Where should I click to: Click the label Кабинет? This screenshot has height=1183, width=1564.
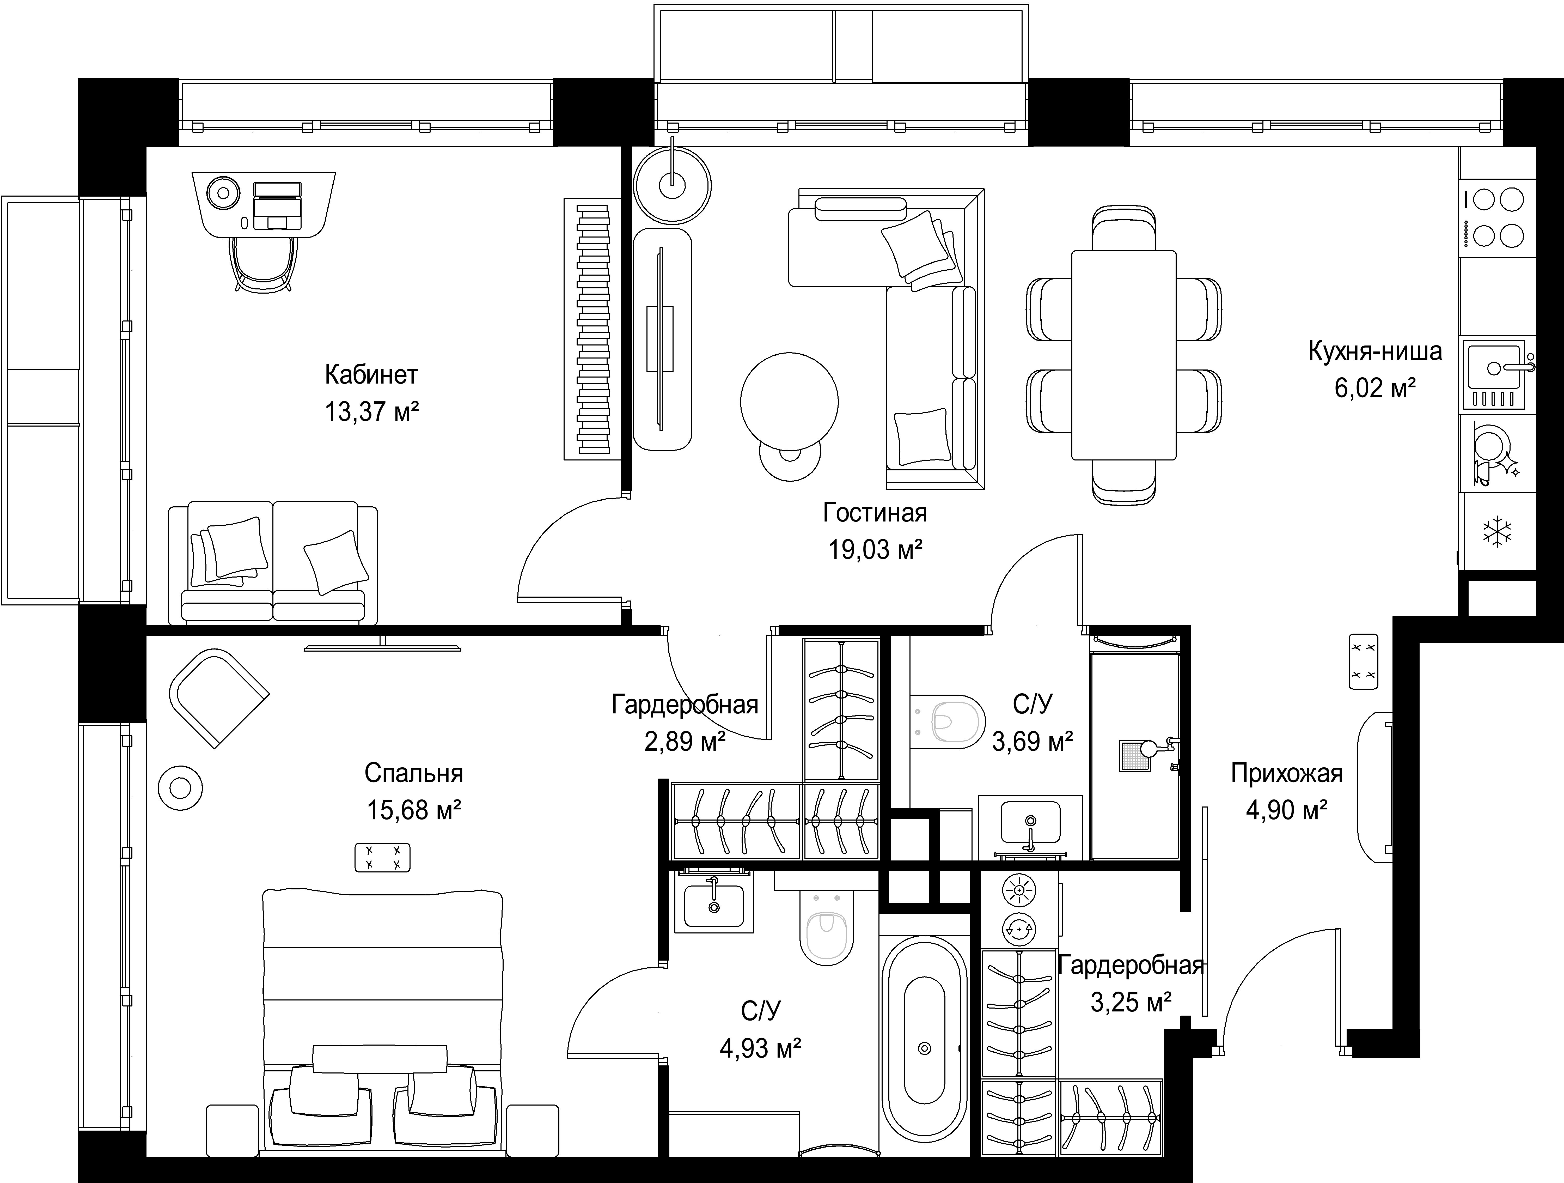click(x=371, y=374)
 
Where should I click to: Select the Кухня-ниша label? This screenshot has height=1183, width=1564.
click(x=1374, y=351)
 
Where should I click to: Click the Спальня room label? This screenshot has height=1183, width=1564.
click(x=414, y=773)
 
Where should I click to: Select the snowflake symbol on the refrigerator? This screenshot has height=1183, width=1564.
click(x=1497, y=532)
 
